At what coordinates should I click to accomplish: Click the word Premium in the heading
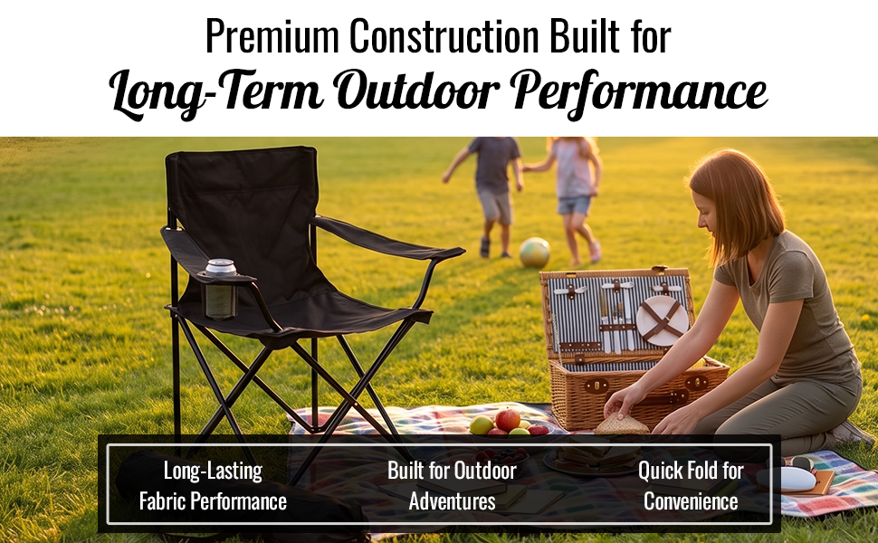tap(272, 37)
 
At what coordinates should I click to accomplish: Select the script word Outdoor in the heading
tap(415, 90)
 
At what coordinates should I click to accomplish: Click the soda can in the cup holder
tap(221, 268)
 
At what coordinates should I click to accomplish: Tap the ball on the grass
tap(534, 252)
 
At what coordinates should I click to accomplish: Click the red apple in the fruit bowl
tap(507, 419)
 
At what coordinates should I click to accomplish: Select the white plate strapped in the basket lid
tap(663, 320)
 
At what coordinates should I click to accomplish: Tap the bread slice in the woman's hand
tap(622, 424)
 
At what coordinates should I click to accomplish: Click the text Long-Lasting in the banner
tap(213, 471)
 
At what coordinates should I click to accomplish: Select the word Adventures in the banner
tap(452, 501)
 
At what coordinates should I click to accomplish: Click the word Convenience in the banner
tap(691, 501)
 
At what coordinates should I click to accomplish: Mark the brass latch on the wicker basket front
tap(596, 386)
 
